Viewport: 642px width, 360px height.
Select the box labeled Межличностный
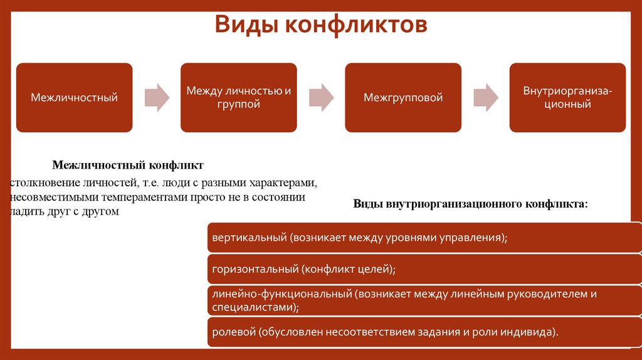tap(75, 97)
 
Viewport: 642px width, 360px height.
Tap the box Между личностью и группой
tap(239, 97)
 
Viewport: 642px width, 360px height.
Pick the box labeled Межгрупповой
tap(403, 97)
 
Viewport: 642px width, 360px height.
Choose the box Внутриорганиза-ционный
tap(567, 97)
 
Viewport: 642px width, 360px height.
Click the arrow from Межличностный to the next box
tap(157, 97)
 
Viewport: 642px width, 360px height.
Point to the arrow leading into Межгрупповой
tap(321, 97)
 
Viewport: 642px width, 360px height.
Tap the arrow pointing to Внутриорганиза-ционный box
tap(485, 97)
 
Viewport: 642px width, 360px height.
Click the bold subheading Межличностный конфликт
tap(128, 166)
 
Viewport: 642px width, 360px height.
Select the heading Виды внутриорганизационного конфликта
tap(471, 204)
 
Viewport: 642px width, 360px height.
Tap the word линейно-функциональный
tap(283, 294)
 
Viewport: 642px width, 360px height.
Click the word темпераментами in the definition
tap(139, 198)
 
